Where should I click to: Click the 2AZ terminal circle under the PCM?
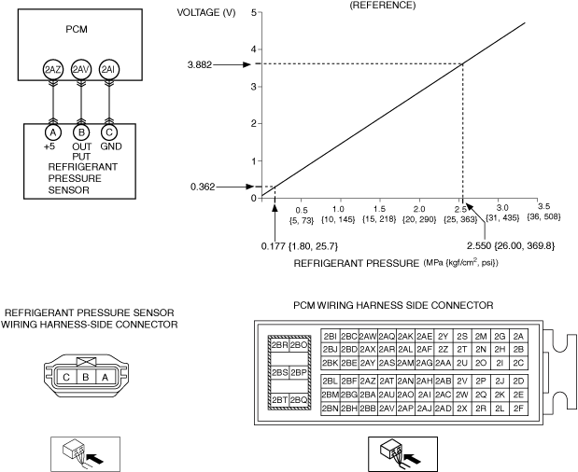click(53, 70)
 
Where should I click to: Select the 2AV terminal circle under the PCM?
click(81, 70)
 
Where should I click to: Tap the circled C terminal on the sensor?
click(108, 133)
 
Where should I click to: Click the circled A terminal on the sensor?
click(53, 133)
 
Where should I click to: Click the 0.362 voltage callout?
click(203, 187)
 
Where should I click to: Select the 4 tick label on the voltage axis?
click(252, 49)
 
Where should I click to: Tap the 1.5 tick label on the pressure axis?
click(378, 210)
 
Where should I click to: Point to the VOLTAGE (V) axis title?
click(206, 12)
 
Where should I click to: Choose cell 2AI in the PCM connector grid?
click(424, 395)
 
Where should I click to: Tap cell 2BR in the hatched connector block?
click(279, 344)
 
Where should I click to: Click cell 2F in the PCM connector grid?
click(518, 409)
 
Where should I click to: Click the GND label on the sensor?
click(109, 146)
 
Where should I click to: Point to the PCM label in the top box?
click(77, 29)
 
